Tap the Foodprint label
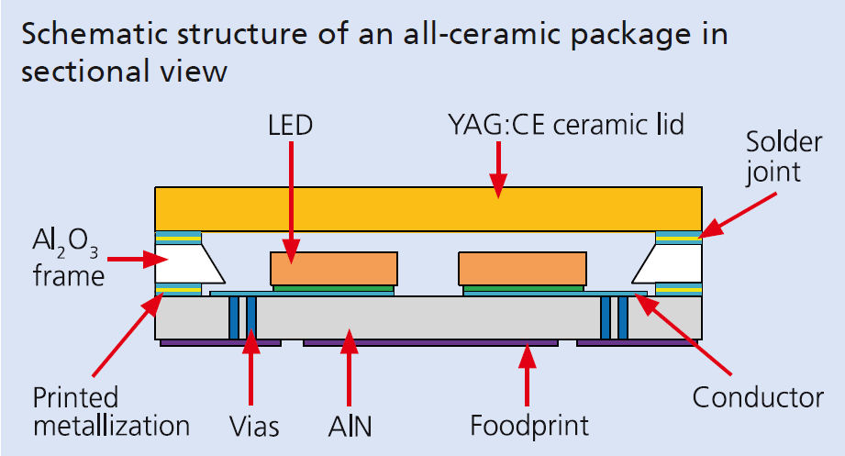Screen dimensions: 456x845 click(x=528, y=426)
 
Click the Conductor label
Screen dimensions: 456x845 click(x=757, y=398)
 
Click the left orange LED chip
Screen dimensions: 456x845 click(x=334, y=268)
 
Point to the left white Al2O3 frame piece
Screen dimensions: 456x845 click(x=188, y=266)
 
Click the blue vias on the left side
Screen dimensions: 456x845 click(x=242, y=317)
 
